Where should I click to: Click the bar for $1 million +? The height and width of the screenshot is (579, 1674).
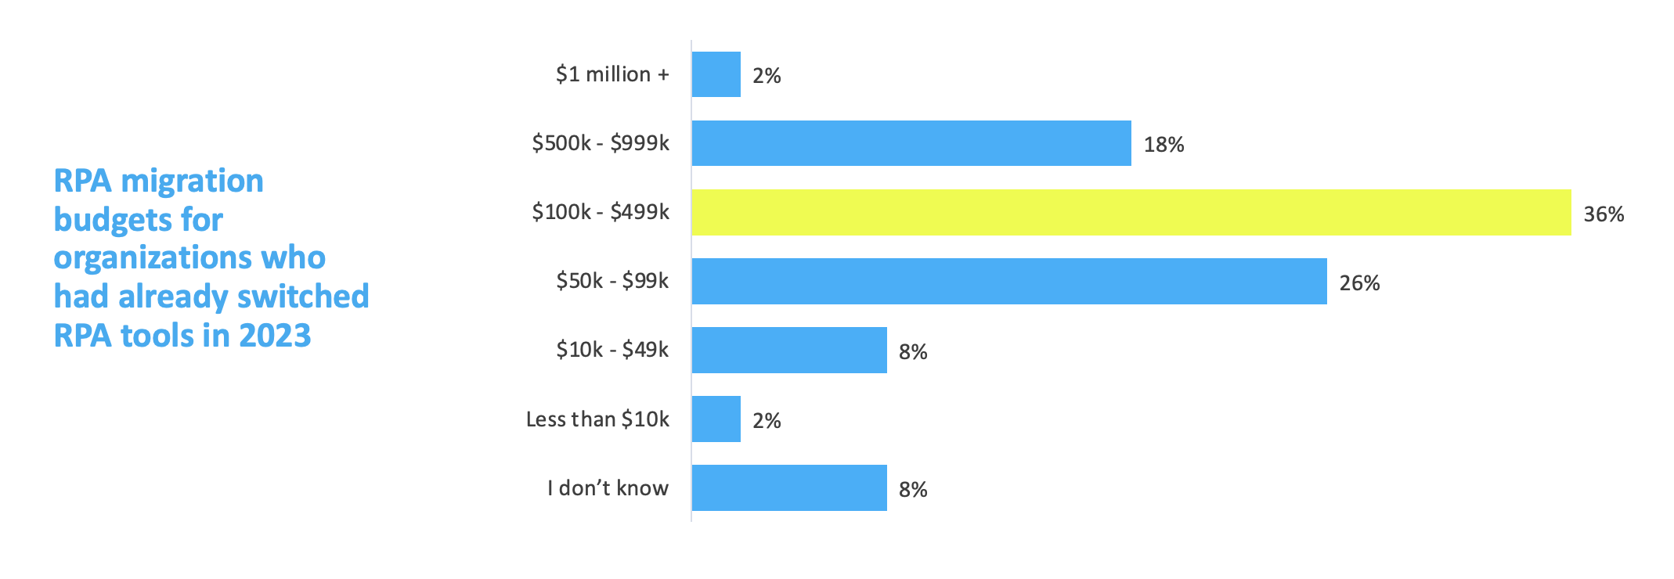coord(716,74)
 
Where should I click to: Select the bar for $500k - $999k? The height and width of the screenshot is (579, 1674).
coord(911,143)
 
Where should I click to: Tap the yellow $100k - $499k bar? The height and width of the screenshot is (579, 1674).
coord(1131,212)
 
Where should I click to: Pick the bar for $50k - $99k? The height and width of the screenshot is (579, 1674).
coord(1008,281)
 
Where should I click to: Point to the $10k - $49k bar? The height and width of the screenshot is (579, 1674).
coord(788,350)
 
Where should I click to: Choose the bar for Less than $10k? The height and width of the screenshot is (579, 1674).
coord(716,419)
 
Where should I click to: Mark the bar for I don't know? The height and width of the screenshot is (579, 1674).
coord(788,487)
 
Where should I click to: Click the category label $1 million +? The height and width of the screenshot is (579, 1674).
coord(612,74)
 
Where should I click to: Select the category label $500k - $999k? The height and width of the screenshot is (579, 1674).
coord(601,143)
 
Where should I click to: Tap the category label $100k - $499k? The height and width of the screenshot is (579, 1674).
coord(601,212)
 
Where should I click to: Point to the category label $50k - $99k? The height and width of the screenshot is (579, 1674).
coord(612,281)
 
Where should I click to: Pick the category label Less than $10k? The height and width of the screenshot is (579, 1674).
coord(597,419)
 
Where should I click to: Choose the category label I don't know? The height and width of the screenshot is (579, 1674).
coord(608,488)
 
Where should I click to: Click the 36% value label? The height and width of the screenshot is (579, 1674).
coord(1603,214)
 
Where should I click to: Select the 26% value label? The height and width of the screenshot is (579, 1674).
coord(1359,283)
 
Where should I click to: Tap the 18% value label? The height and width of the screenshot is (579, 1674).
coord(1164,145)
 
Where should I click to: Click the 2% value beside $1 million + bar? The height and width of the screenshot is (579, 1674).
coord(767,76)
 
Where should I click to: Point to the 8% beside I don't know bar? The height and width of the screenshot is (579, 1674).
coord(913,490)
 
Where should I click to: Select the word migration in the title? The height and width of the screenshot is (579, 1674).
coord(193,182)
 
